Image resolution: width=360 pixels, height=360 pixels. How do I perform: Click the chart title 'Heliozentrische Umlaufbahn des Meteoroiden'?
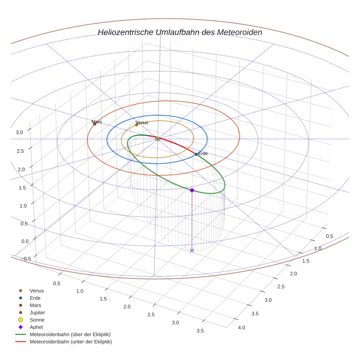[180, 32]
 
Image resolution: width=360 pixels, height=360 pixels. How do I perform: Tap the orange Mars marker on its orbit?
[94, 124]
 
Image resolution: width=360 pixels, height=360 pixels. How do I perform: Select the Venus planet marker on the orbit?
[137, 125]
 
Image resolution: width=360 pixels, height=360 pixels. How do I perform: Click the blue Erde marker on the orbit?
[196, 154]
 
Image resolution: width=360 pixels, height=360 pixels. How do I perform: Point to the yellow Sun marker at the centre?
[158, 139]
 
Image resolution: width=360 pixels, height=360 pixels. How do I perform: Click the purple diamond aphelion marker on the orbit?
[192, 190]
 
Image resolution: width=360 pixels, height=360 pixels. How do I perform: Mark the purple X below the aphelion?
[192, 251]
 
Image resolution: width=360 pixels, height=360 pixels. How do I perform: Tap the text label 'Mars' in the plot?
[97, 122]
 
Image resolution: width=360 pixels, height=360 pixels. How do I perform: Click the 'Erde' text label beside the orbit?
[203, 154]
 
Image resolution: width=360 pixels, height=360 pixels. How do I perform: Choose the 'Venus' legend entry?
[37, 290]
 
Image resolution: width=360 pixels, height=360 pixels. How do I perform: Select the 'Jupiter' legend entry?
[37, 312]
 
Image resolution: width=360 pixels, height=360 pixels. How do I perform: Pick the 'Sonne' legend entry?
[37, 320]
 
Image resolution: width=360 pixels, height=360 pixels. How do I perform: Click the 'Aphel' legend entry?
[36, 327]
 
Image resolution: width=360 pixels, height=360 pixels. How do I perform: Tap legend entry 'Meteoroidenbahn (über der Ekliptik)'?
[70, 334]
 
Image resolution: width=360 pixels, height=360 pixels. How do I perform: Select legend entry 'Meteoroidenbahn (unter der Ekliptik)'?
[71, 342]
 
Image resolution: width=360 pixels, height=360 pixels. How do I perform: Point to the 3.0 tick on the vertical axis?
[19, 132]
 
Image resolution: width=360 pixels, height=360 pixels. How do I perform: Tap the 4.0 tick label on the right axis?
[241, 327]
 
